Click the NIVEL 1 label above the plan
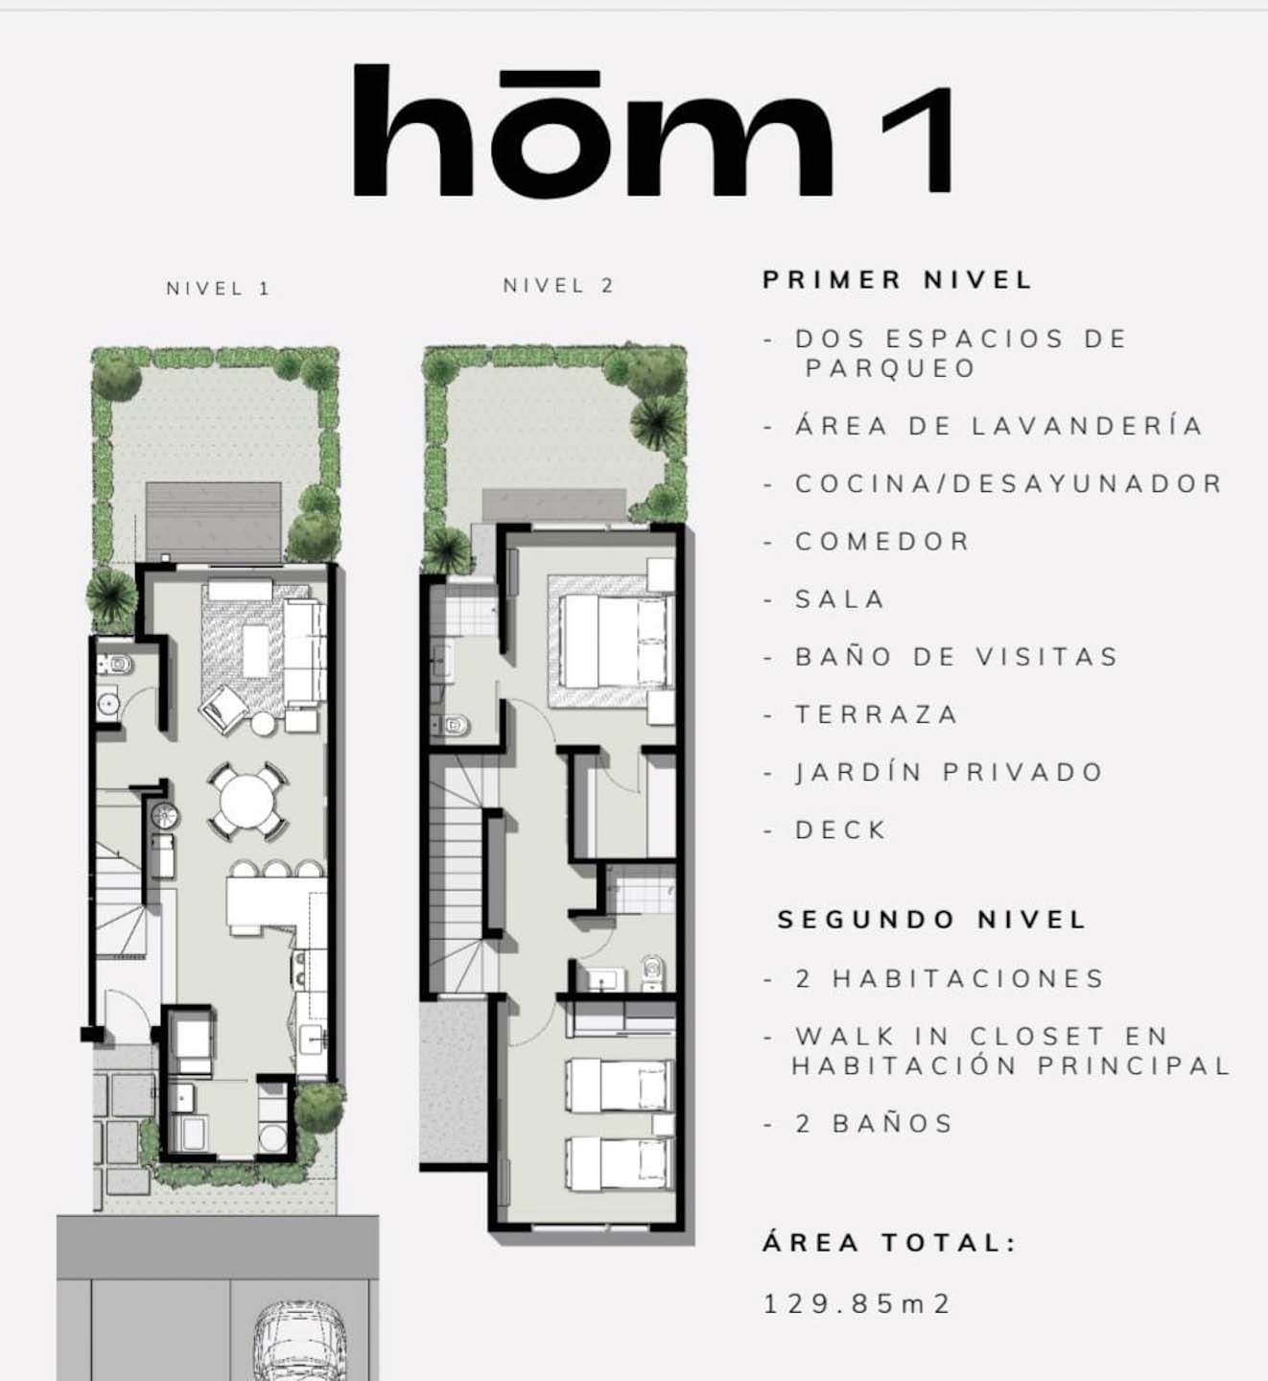(x=218, y=289)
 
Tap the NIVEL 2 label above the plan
(x=558, y=286)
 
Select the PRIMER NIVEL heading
(x=898, y=280)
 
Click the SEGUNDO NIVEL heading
(x=931, y=920)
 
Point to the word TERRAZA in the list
(x=876, y=714)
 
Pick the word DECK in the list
(x=840, y=831)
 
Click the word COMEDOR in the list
(x=882, y=541)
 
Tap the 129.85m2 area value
(x=857, y=1304)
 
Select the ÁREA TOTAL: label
(x=889, y=1243)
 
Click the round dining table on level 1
(x=247, y=801)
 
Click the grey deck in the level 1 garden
(x=214, y=522)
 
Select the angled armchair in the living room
(x=223, y=709)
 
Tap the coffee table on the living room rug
(x=255, y=650)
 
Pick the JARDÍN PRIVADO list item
(x=950, y=772)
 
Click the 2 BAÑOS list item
(x=874, y=1124)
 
